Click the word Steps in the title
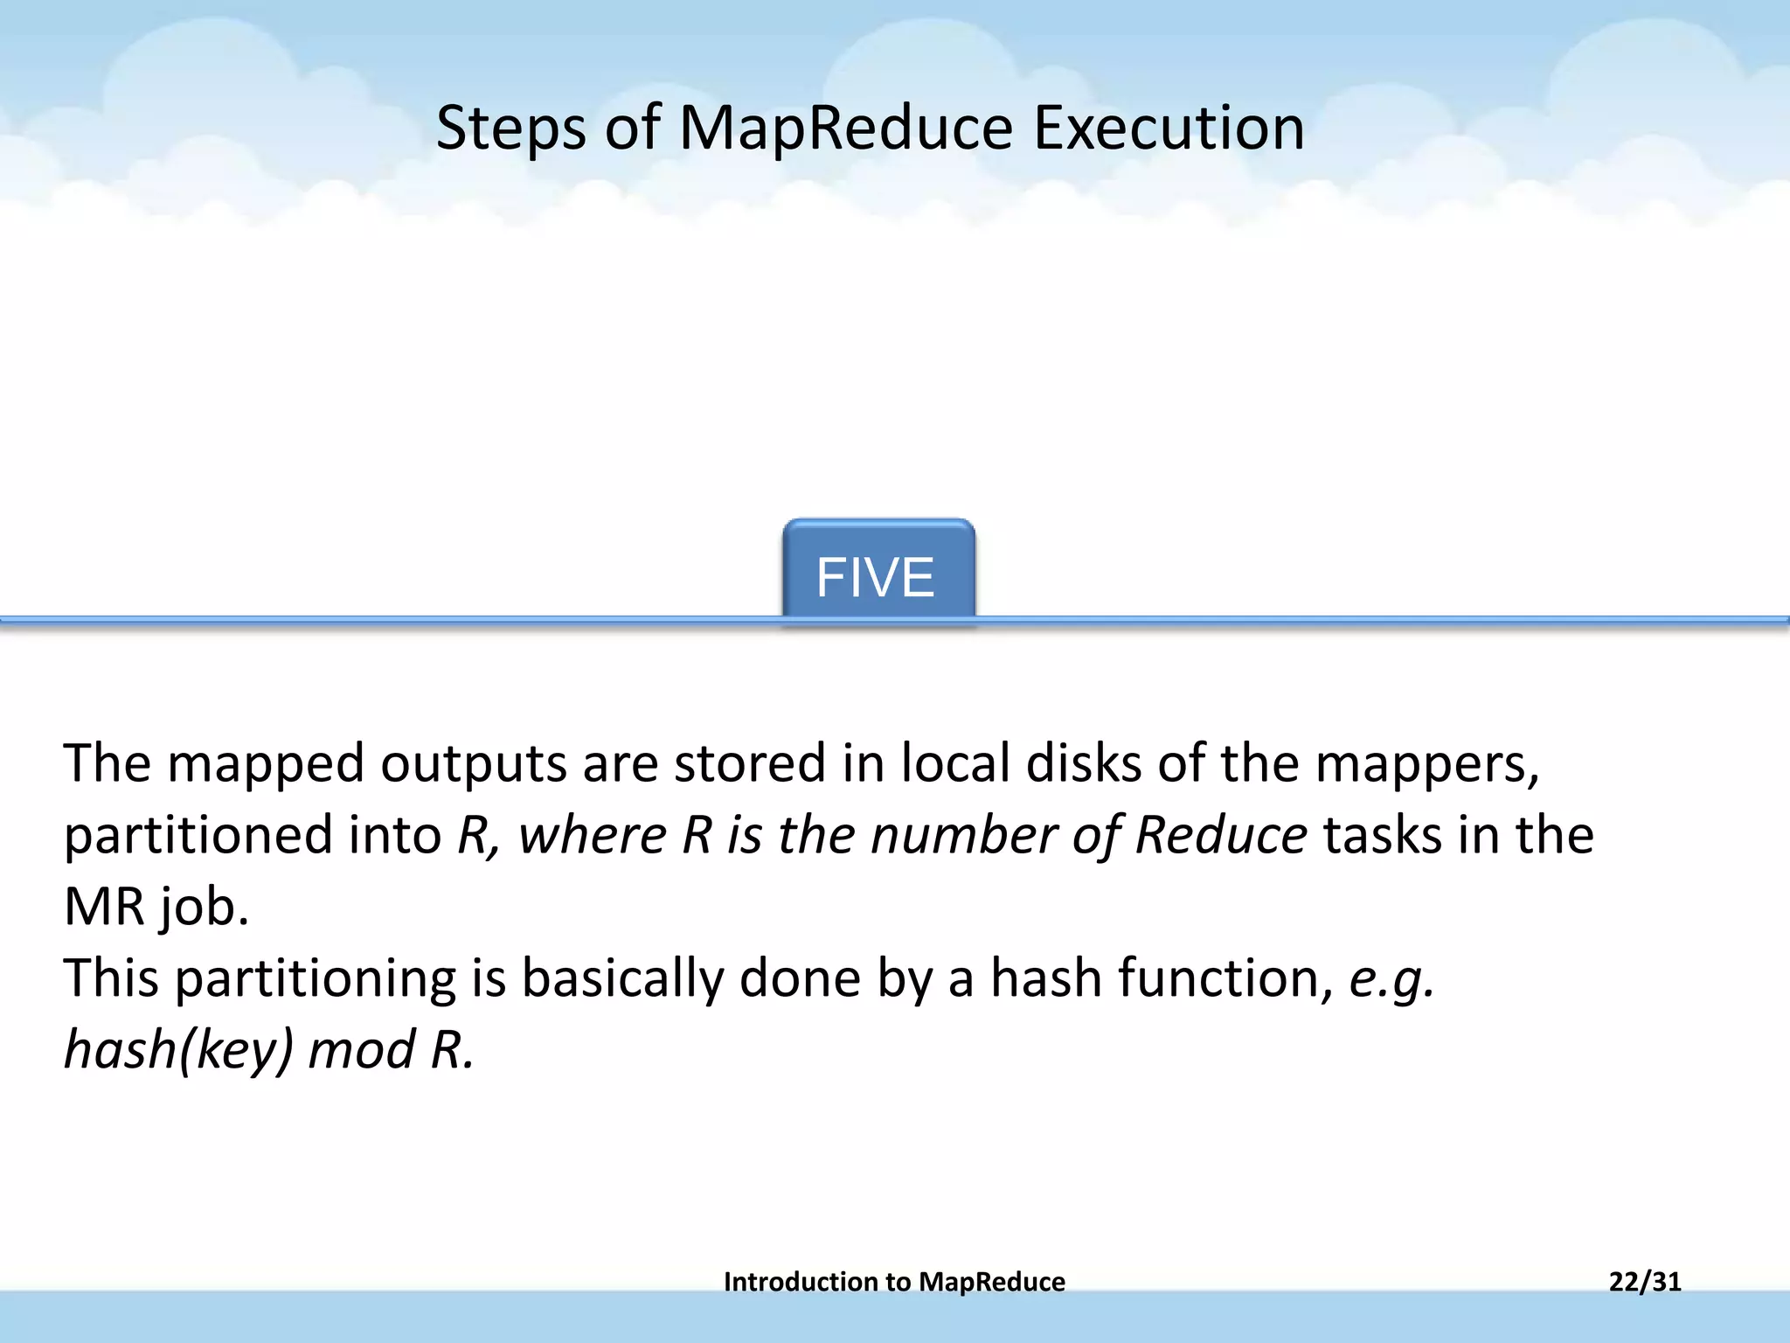pyautogui.click(x=510, y=129)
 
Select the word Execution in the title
pyautogui.click(x=1169, y=128)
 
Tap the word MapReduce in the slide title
pyautogui.click(x=845, y=129)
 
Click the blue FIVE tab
pyautogui.click(x=878, y=574)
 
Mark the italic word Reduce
pyautogui.click(x=1220, y=834)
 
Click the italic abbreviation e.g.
pyautogui.click(x=1391, y=979)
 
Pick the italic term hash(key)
pyautogui.click(x=178, y=1049)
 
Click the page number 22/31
pyautogui.click(x=1645, y=1282)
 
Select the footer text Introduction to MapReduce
pyautogui.click(x=894, y=1282)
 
